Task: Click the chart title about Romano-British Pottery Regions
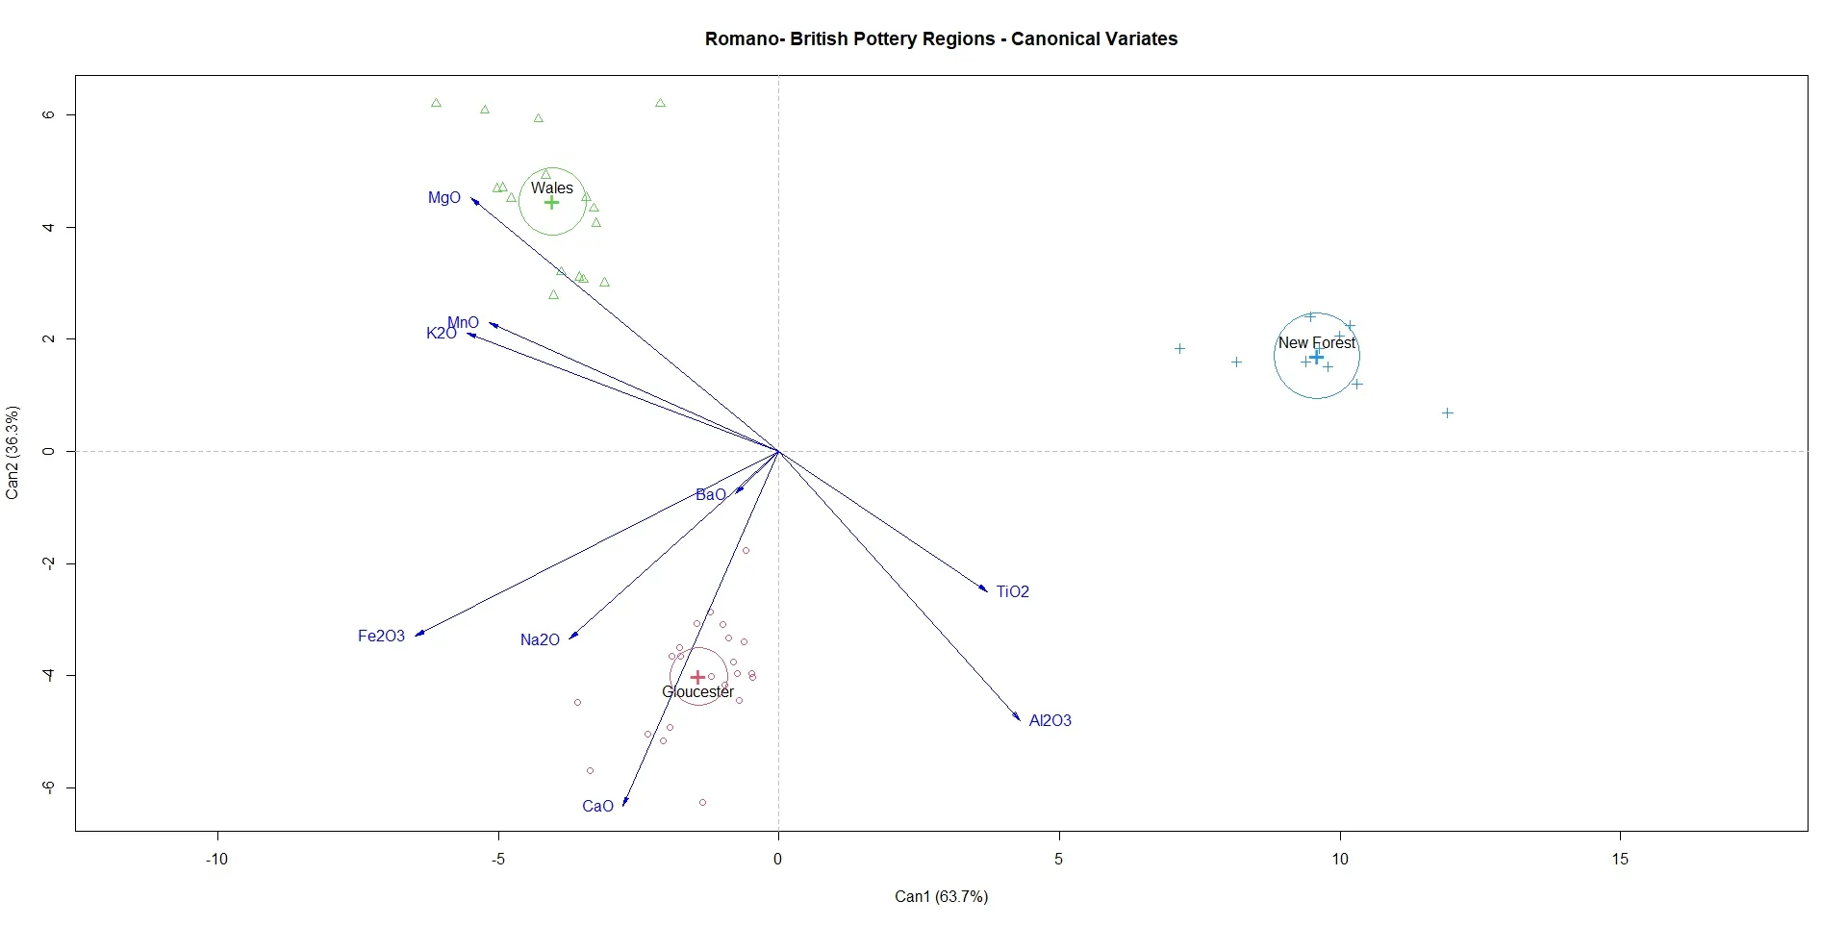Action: (x=941, y=39)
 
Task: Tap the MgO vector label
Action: (x=444, y=198)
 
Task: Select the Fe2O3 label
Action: (x=381, y=636)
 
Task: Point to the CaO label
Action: (x=597, y=807)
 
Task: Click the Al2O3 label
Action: (x=1050, y=720)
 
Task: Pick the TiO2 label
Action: (x=1012, y=591)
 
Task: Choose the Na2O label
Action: (x=540, y=639)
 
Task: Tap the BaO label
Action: (x=710, y=495)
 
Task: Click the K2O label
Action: (x=440, y=334)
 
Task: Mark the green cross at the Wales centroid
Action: (x=551, y=202)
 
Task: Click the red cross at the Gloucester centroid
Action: (x=697, y=677)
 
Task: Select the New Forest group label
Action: (x=1316, y=342)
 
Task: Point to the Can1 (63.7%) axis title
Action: (x=941, y=896)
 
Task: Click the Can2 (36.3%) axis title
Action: (x=13, y=452)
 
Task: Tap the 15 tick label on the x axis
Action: (x=1620, y=859)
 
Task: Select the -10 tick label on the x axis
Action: (x=216, y=859)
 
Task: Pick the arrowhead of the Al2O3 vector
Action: (x=1018, y=717)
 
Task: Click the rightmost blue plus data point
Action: (x=1447, y=413)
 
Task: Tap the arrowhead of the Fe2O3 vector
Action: (x=418, y=634)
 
